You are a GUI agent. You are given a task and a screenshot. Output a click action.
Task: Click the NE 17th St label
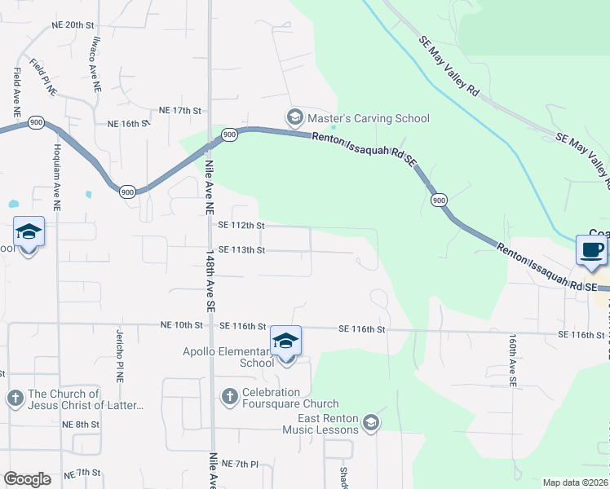coord(180,110)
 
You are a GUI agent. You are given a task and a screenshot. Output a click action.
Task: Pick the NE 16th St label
coord(129,124)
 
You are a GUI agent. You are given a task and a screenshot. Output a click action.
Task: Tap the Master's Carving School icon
coord(294,118)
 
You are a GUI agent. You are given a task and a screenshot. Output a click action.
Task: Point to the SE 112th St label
coord(241,226)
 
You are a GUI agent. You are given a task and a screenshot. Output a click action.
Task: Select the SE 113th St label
coord(241,250)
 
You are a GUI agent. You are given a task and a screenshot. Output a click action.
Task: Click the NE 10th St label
coord(183,325)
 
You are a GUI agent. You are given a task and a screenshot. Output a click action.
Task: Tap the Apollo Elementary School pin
coord(285,341)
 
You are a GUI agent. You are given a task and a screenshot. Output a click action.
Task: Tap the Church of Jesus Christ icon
coord(14,399)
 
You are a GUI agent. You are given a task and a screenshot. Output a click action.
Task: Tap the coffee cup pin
coord(591,249)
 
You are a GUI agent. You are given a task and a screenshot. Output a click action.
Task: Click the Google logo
coord(27,479)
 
